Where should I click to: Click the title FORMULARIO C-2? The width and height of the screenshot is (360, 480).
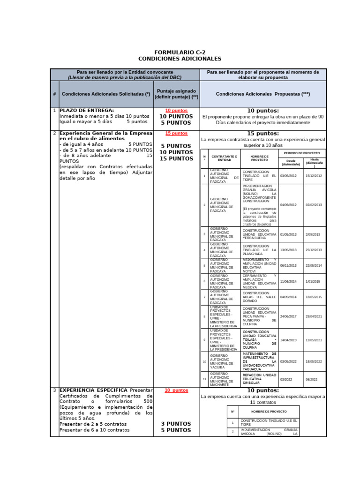(x=180, y=52)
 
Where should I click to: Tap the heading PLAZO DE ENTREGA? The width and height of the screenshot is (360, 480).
(x=87, y=110)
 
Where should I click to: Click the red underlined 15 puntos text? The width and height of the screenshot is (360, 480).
(x=176, y=134)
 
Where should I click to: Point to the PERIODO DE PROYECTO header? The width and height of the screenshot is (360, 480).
(x=302, y=153)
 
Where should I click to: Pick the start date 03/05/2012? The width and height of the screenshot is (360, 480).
(x=288, y=176)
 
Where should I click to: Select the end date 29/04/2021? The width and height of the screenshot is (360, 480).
(x=314, y=316)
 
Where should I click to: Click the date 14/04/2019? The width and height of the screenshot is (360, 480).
(x=288, y=340)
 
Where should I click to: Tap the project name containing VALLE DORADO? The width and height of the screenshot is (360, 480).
(x=259, y=297)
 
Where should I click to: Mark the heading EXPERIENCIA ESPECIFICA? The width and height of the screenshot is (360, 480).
(x=94, y=390)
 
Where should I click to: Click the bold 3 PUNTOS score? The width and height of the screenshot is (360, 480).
(x=176, y=424)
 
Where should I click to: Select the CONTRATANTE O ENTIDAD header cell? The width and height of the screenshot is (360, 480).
(x=224, y=157)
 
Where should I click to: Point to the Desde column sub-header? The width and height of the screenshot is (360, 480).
(x=291, y=162)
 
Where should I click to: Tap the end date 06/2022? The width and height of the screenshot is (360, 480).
(x=312, y=380)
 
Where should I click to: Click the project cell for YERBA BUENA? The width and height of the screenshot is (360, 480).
(x=259, y=234)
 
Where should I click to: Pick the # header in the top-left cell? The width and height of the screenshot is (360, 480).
(x=54, y=94)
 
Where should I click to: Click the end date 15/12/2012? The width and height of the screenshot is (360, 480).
(x=314, y=176)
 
